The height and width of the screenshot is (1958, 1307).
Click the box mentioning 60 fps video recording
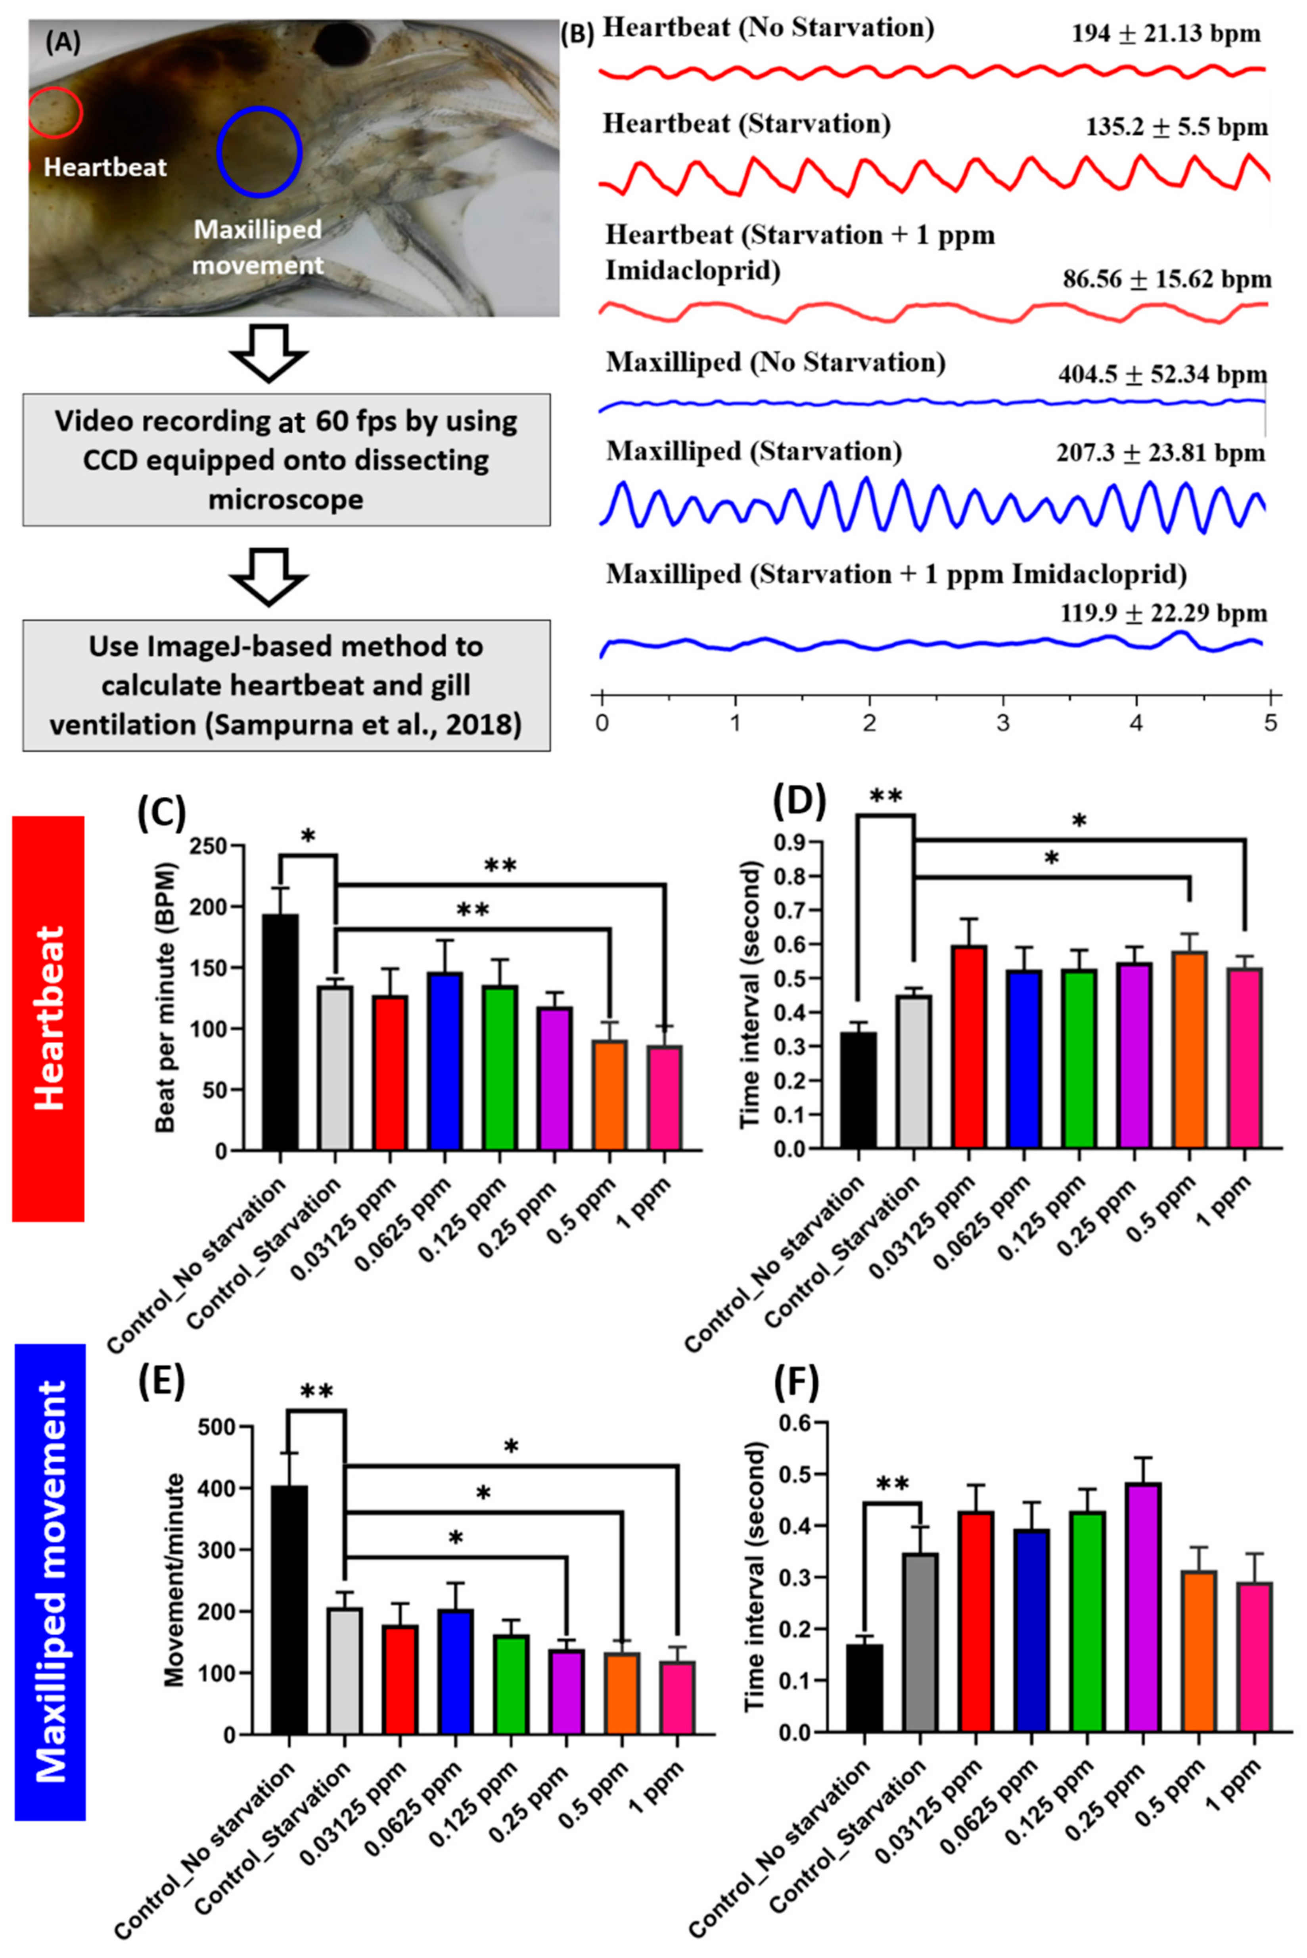286,460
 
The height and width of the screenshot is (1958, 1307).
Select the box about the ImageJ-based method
286,685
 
